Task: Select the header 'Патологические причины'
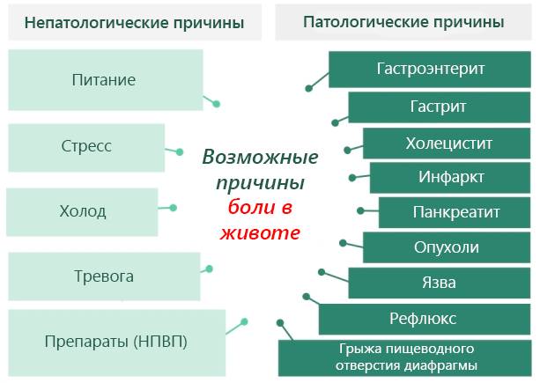pos(403,21)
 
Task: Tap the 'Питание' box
pos(104,80)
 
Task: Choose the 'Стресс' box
pos(86,147)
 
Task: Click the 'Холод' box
pos(83,211)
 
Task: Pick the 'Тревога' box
pos(104,276)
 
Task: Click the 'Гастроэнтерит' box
pos(431,69)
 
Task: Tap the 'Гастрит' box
pos(439,107)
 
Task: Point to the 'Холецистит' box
pos(448,143)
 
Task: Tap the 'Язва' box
pos(440,283)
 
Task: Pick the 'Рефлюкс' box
pos(424,319)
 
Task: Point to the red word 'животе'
pos(259,233)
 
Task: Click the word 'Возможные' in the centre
pos(261,158)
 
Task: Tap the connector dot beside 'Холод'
pos(173,209)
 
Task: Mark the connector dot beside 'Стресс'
pos(180,151)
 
